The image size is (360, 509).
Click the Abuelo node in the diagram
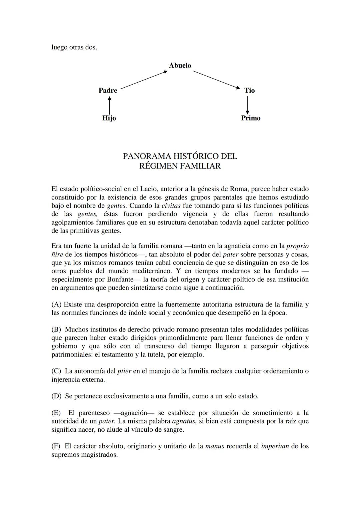pyautogui.click(x=180, y=66)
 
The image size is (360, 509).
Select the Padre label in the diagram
pyautogui.click(x=108, y=90)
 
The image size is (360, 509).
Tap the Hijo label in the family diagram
pyautogui.click(x=109, y=118)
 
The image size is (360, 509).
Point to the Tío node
pyautogui.click(x=249, y=90)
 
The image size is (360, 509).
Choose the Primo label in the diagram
pyautogui.click(x=251, y=118)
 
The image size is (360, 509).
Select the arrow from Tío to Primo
pyautogui.click(x=247, y=105)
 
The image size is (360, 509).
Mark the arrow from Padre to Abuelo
pyautogui.click(x=144, y=80)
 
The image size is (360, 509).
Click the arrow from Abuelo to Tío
pyautogui.click(x=216, y=80)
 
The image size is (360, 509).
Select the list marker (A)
pyautogui.click(x=56, y=304)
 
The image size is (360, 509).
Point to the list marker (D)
pyautogui.click(x=56, y=396)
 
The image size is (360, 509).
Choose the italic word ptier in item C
pyautogui.click(x=124, y=371)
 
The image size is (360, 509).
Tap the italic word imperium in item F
pyautogui.click(x=275, y=446)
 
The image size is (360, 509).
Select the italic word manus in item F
pyautogui.click(x=215, y=446)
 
